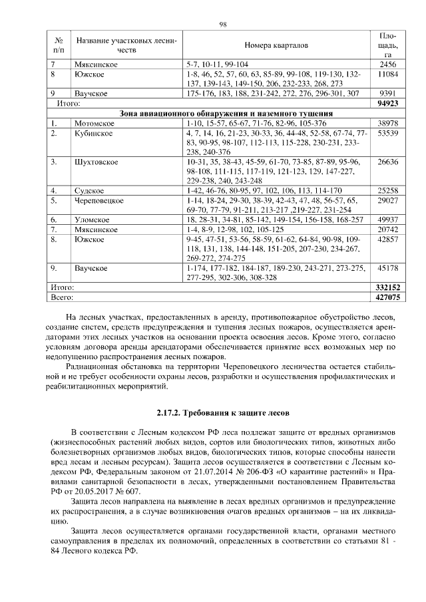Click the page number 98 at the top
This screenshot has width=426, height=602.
coord(223,25)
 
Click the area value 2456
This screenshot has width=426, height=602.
coord(387,65)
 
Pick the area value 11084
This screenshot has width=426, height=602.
coord(387,75)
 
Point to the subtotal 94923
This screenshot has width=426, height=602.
coord(387,104)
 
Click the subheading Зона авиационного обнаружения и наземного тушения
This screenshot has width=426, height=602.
coord(227,114)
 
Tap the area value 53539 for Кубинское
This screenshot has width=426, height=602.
coord(387,134)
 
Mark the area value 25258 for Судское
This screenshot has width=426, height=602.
coord(387,190)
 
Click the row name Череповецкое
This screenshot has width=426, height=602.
coord(99,200)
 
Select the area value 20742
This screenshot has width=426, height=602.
coord(387,228)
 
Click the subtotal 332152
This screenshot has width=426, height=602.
coord(387,285)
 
